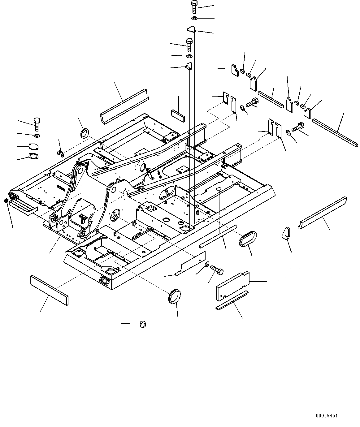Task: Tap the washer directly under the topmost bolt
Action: coord(194,19)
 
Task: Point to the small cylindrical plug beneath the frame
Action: coord(143,324)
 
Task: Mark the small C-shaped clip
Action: coord(60,153)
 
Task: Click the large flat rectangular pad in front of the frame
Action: coord(49,290)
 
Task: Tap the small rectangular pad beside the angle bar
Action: coord(178,115)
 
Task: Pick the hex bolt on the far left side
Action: coord(37,124)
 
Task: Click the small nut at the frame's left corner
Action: coord(7,201)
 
